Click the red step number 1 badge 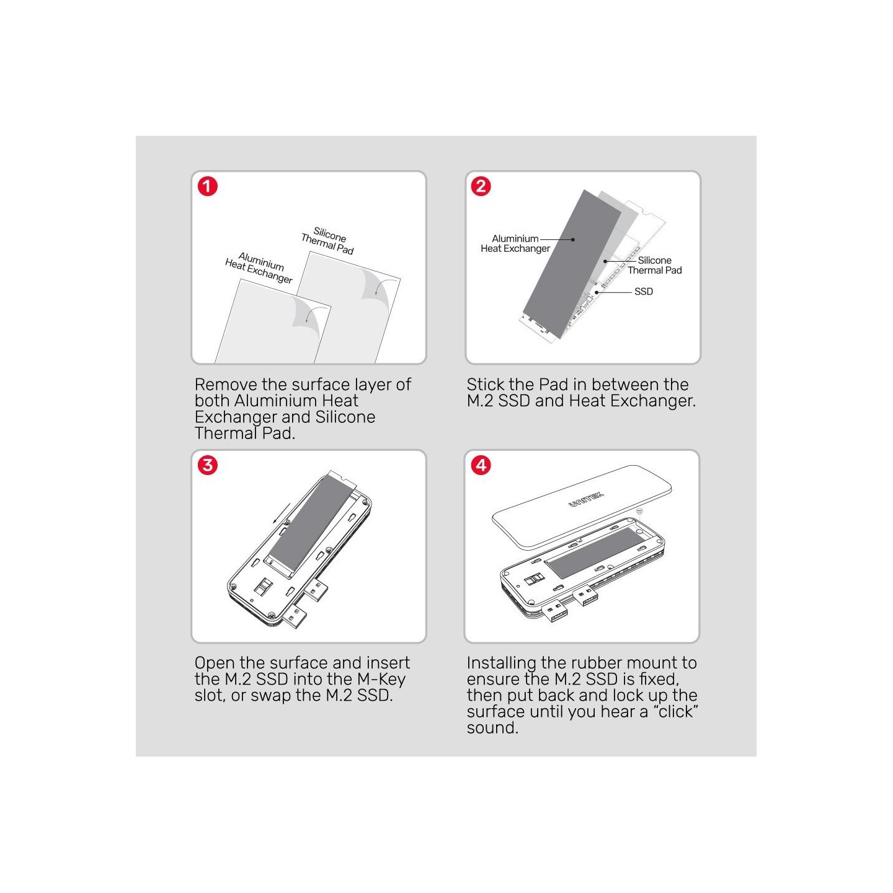[x=207, y=186]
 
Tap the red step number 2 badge [x=481, y=186]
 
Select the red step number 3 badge [x=207, y=465]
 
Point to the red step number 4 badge [x=481, y=465]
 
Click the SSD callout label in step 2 [x=643, y=291]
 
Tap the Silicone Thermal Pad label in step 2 [x=654, y=265]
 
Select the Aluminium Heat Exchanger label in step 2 [x=515, y=243]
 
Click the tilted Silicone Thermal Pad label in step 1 [x=328, y=241]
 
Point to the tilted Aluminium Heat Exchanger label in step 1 [x=259, y=267]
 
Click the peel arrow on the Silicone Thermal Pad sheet [x=380, y=287]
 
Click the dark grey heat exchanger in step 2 [x=572, y=264]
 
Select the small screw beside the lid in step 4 [x=639, y=511]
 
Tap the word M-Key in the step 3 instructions [x=381, y=679]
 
